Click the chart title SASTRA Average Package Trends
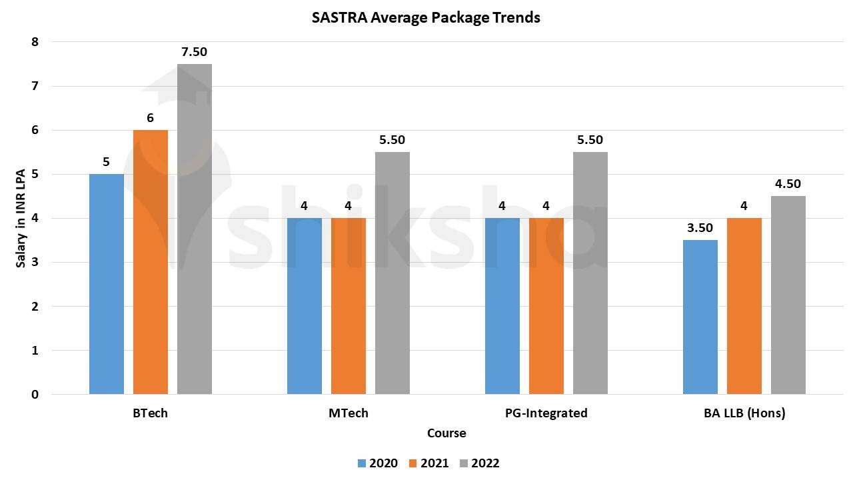(x=426, y=18)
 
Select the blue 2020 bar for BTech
(x=107, y=284)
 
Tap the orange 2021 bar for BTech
(x=151, y=262)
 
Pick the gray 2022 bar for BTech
(x=195, y=229)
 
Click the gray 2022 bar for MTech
(x=393, y=273)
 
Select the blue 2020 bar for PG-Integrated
(x=502, y=306)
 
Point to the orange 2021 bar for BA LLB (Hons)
(x=744, y=306)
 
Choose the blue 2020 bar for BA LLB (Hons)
(x=700, y=317)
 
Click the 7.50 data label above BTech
(x=195, y=52)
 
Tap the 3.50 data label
(x=700, y=228)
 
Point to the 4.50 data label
(x=788, y=184)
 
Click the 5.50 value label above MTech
(x=393, y=140)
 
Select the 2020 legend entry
(x=378, y=463)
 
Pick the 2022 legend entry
(x=479, y=463)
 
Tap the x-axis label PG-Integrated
(x=546, y=413)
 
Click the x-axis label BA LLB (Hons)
(x=744, y=413)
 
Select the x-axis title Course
(x=446, y=433)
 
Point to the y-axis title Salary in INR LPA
(x=21, y=218)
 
